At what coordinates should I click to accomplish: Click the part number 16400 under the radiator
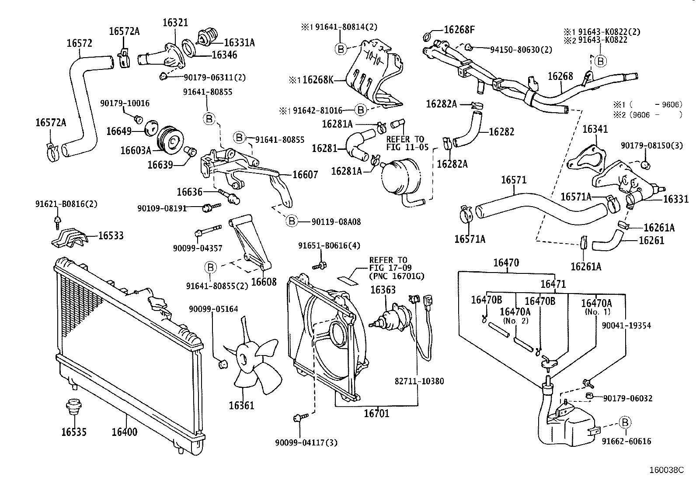124,432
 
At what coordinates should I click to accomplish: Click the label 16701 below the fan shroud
376,413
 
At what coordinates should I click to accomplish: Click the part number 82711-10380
419,381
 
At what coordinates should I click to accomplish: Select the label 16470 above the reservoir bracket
506,262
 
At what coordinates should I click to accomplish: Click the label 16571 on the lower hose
514,180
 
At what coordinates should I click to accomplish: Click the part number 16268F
459,30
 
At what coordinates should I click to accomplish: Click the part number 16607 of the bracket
305,175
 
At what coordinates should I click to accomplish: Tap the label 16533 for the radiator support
111,236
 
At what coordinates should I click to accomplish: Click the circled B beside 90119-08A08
292,221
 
